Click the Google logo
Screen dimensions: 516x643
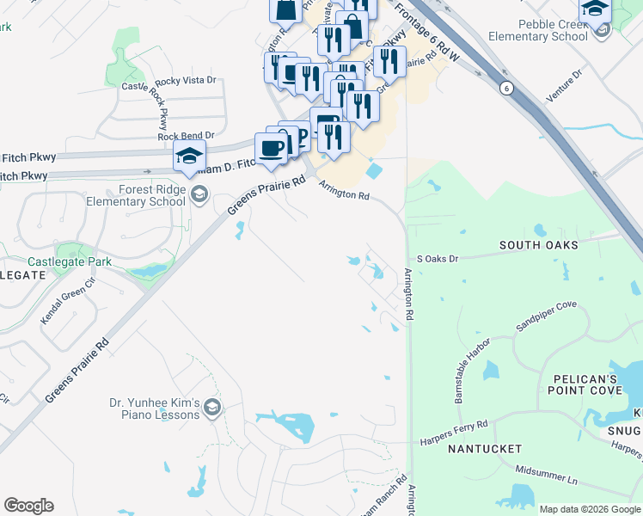[x=28, y=506]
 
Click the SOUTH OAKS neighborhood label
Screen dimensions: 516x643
[x=538, y=245]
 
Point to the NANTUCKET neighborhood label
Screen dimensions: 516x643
[x=484, y=449]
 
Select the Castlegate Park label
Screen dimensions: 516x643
[x=70, y=261]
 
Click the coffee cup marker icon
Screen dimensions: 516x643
[x=272, y=147]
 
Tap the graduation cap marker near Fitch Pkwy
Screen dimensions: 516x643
[x=189, y=157]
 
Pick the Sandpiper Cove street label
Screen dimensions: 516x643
[x=546, y=316]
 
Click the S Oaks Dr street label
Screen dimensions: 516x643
[x=438, y=258]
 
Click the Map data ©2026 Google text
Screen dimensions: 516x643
[x=591, y=509]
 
